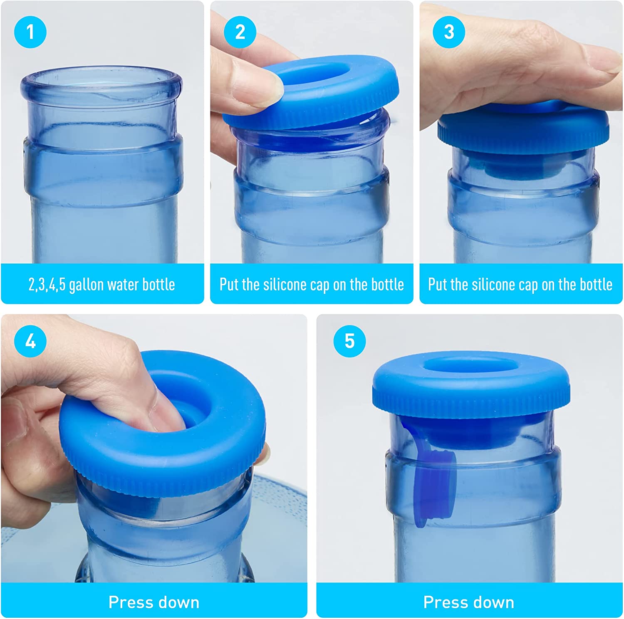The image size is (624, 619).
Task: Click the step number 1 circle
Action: [30, 32]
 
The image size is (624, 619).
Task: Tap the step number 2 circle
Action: [240, 32]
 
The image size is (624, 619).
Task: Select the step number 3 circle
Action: [449, 32]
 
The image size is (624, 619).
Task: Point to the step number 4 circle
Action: [30, 341]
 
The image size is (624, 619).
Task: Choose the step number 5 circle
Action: [349, 341]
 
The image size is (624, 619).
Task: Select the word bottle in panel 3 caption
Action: [594, 285]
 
